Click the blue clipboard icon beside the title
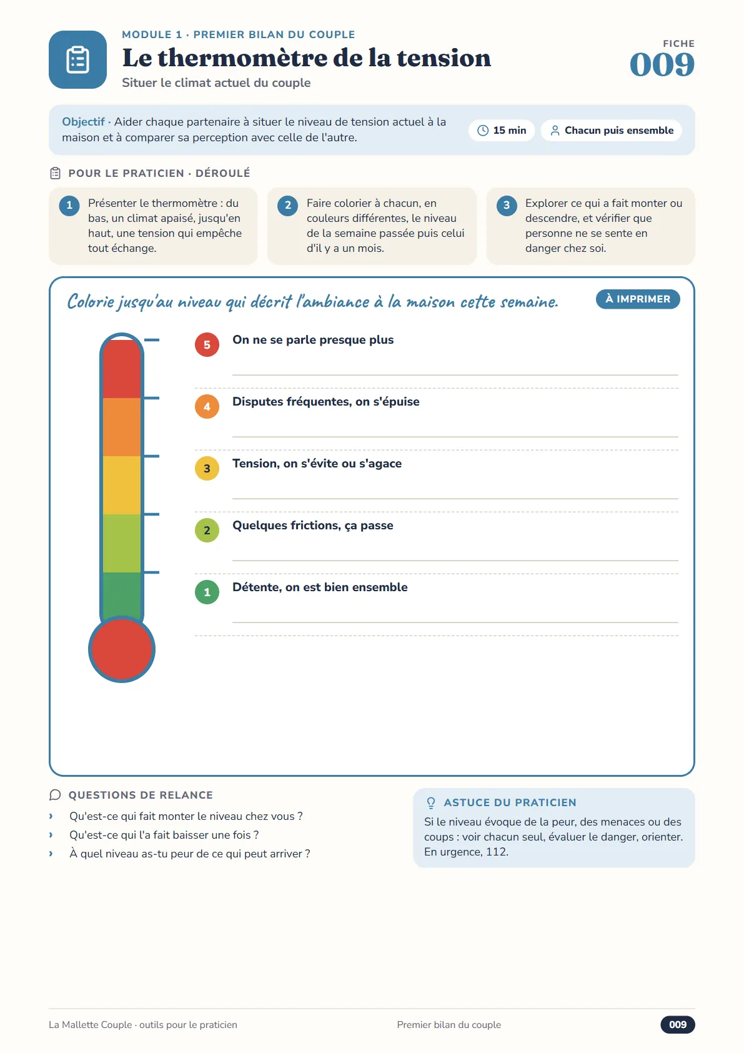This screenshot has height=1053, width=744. coord(77,60)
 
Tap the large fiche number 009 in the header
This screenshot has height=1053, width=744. coord(662,64)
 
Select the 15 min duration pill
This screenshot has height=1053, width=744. coord(502,130)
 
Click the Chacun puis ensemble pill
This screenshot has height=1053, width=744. coord(612,130)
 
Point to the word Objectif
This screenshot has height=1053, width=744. coord(83,122)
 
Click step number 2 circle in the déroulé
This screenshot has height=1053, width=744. coord(287,206)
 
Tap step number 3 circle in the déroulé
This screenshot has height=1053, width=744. coord(507,206)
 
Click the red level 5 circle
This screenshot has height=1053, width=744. coord(207,344)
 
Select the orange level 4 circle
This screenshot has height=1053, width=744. coord(207,407)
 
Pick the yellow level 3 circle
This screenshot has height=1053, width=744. coord(207,468)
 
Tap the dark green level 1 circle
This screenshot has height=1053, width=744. coord(207,592)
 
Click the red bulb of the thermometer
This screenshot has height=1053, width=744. coord(122,649)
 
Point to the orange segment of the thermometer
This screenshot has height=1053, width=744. coord(122,427)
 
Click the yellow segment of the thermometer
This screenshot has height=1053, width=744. coord(122,485)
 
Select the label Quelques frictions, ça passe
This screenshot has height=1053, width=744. coord(312,526)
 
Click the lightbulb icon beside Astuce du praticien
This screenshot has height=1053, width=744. coord(430,803)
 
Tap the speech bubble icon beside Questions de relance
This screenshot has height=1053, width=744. coord(55,795)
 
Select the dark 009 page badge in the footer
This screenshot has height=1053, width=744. coord(677,1024)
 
